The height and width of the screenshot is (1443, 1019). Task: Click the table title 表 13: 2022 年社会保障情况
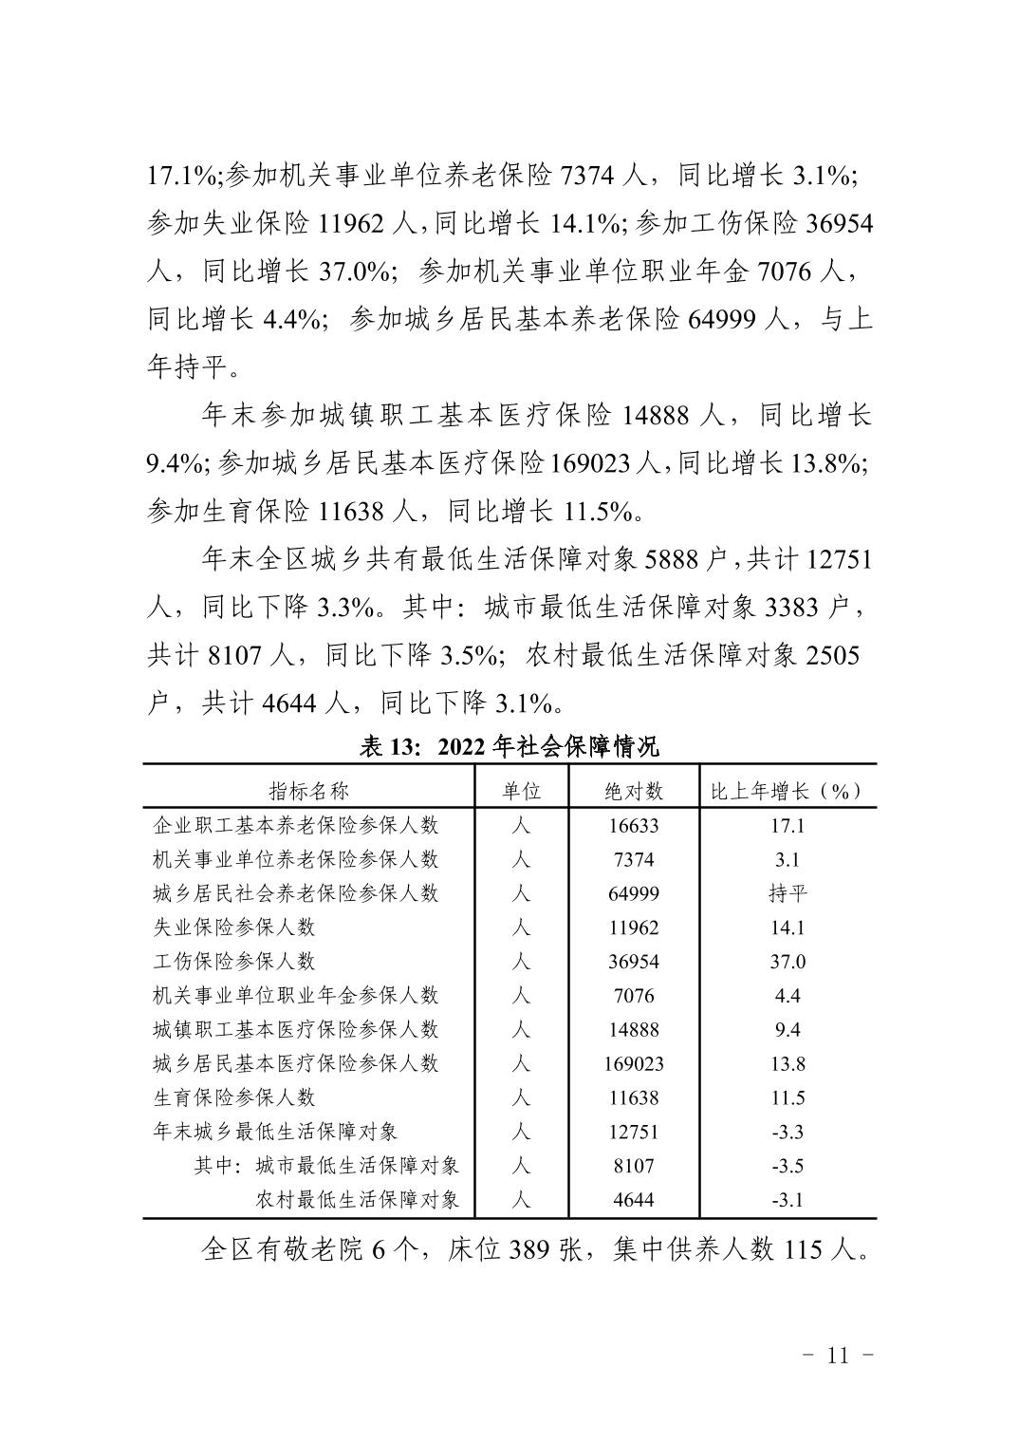click(x=509, y=747)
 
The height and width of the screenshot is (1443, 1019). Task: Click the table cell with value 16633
click(x=634, y=826)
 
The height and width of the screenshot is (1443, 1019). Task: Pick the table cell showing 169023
click(x=634, y=1064)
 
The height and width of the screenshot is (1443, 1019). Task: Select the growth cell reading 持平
click(x=787, y=894)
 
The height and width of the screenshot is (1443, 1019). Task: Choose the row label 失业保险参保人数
click(x=234, y=928)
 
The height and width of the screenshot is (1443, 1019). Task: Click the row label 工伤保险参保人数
click(x=234, y=962)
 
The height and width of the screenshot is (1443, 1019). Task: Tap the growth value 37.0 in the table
click(x=787, y=962)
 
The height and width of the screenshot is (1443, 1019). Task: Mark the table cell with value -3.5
click(x=787, y=1166)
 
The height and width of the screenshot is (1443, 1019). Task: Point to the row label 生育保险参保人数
click(x=234, y=1097)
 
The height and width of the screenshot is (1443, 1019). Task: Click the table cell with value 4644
click(x=634, y=1200)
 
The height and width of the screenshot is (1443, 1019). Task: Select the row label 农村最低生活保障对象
click(x=358, y=1200)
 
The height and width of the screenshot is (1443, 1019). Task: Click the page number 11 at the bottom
click(x=838, y=1356)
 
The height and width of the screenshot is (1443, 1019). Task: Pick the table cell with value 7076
click(x=634, y=996)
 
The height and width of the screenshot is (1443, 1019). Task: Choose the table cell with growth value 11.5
click(x=787, y=1097)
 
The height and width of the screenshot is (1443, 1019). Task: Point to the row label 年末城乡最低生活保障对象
click(x=275, y=1132)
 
